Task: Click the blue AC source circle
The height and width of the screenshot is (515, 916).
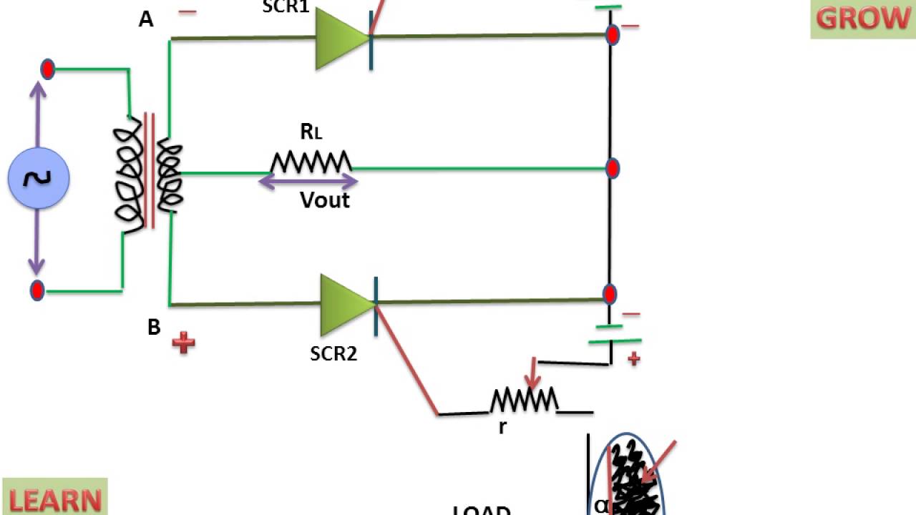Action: click(39, 178)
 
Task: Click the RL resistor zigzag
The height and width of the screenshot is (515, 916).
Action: click(311, 162)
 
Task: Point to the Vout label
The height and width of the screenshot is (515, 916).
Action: click(325, 200)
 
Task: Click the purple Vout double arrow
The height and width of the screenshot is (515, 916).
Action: click(308, 182)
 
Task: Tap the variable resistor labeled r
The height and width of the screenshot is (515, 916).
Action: click(524, 401)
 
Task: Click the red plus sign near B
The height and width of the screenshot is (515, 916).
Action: click(183, 343)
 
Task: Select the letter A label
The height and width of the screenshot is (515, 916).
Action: click(146, 19)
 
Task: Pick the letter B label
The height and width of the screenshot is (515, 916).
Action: click(154, 328)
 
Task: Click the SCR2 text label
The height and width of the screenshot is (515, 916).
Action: click(333, 353)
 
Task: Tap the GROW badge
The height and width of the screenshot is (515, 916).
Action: click(862, 19)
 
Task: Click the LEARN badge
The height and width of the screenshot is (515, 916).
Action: click(55, 499)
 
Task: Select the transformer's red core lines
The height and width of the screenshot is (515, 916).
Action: click(150, 170)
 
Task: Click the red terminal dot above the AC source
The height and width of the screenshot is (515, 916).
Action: click(47, 69)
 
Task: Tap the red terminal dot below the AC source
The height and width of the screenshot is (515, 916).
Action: click(37, 290)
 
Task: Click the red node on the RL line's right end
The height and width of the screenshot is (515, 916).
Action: click(613, 168)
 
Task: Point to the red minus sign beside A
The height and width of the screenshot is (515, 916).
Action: click(187, 12)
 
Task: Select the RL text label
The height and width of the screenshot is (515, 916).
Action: click(311, 132)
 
